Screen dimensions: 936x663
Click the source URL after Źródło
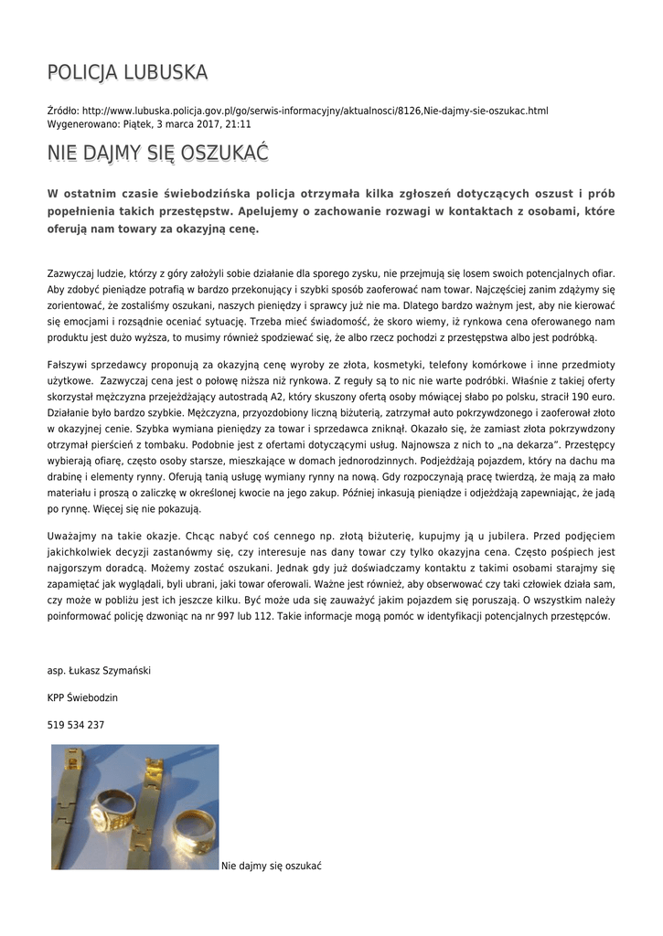(x=315, y=111)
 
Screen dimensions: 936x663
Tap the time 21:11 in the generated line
(x=239, y=123)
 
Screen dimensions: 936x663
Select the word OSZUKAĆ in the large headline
(x=223, y=153)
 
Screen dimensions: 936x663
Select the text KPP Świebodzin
(x=82, y=697)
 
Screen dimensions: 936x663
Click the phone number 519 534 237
(x=76, y=725)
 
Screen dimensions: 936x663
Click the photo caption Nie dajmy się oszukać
(x=272, y=865)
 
